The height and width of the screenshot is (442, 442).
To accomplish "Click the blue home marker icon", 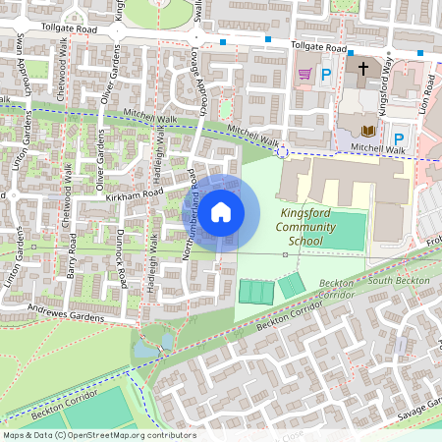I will coord(221,212).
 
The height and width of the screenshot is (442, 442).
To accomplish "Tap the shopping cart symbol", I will coord(304,74).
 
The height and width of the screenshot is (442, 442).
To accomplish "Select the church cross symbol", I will coord(362,70).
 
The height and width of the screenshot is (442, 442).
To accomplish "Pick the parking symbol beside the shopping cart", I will coord(326,74).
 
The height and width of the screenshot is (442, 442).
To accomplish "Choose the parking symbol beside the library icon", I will coord(398,138).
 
